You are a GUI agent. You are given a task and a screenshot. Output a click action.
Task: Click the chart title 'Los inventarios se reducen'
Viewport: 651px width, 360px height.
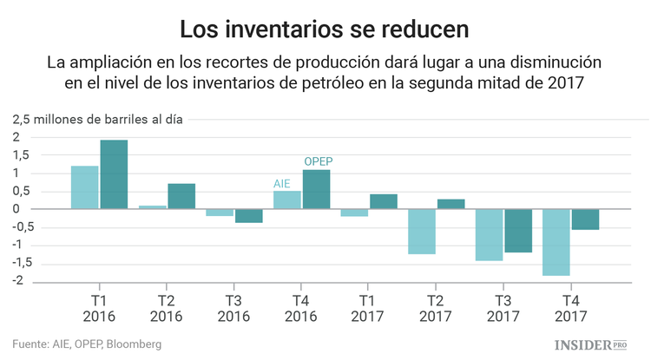click(x=325, y=28)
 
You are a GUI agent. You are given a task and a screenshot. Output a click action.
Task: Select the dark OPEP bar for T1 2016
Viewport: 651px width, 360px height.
click(x=114, y=174)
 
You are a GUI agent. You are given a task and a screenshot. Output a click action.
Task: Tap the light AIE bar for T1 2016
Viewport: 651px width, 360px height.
click(x=84, y=187)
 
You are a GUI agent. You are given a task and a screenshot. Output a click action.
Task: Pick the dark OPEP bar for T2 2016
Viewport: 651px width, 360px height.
click(x=181, y=196)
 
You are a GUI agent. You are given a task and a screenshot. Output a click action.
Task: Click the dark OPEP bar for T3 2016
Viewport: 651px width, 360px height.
click(x=249, y=216)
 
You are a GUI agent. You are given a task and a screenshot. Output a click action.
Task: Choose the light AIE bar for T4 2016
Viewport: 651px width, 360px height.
click(x=287, y=200)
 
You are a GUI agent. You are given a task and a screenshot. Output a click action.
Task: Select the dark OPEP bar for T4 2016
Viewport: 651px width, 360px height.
click(x=316, y=189)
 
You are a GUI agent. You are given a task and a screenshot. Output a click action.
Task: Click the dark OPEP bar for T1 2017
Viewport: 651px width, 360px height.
click(x=384, y=201)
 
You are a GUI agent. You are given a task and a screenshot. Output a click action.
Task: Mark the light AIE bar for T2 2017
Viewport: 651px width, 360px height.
click(x=422, y=232)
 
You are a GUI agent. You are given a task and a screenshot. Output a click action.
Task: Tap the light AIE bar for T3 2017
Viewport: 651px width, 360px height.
click(x=490, y=235)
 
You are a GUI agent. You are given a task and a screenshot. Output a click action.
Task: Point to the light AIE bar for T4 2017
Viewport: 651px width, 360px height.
click(x=556, y=242)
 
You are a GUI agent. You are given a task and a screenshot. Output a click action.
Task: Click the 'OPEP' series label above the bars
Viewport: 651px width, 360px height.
click(x=318, y=161)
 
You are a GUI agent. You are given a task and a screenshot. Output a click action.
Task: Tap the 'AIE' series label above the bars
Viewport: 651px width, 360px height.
click(x=282, y=183)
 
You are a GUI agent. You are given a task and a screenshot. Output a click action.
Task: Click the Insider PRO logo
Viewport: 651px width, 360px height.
click(x=591, y=344)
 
